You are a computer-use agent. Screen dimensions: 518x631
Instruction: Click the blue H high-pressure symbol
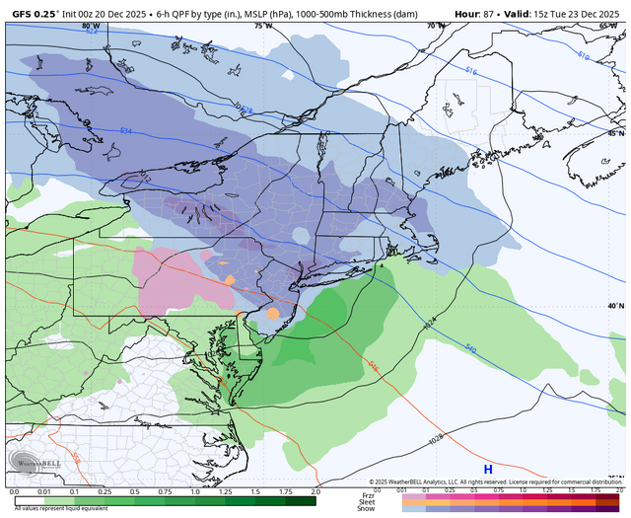tap(487, 470)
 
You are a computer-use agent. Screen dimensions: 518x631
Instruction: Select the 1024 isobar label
tap(430, 323)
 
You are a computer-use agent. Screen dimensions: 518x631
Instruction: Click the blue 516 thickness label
tap(470, 72)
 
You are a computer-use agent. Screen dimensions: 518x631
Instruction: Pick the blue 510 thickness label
tap(582, 57)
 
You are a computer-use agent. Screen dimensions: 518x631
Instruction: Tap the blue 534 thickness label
tap(125, 130)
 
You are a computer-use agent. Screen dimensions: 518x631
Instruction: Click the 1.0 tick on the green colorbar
tap(194, 491)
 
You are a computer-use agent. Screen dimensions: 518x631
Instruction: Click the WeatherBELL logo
tap(35, 460)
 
